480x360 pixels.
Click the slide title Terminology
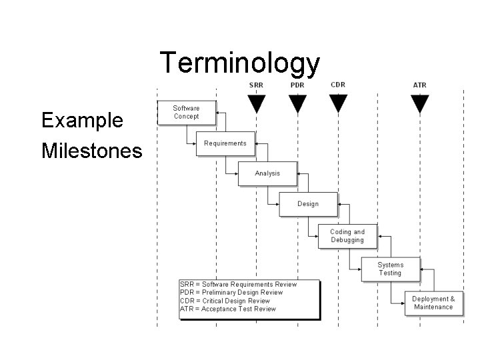tap(240, 63)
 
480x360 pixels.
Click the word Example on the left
tap(82, 121)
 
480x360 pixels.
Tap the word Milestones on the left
tap(91, 151)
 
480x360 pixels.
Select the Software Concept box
tap(186, 112)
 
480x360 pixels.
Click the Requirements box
tap(225, 143)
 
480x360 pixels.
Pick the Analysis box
tap(267, 173)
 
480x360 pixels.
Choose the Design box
tap(307, 204)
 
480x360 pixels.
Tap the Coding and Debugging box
tap(347, 236)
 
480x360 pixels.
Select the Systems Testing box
tap(390, 269)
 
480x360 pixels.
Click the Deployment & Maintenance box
tap(433, 303)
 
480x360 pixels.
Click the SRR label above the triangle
tap(256, 85)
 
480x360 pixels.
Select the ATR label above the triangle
tap(419, 85)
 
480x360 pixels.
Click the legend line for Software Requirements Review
tap(238, 285)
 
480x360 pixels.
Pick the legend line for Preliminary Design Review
tap(231, 293)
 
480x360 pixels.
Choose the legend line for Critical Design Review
tap(225, 301)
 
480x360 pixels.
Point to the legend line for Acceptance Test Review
tap(227, 309)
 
